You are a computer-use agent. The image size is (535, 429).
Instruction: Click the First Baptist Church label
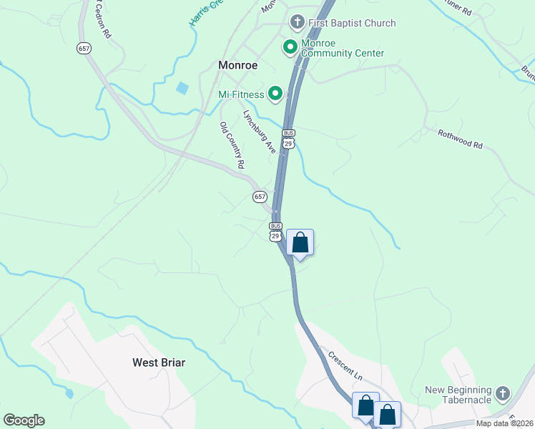coord(351,23)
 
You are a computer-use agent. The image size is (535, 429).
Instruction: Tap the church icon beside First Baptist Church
coord(297,23)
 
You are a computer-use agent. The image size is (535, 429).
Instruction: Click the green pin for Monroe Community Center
coord(290,48)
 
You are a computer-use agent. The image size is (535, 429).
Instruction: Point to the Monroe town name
coord(237,65)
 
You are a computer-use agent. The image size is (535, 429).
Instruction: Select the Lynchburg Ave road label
coord(259,132)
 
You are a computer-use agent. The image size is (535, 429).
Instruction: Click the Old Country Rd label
coord(232,145)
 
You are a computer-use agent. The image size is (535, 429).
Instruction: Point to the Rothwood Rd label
coord(461,139)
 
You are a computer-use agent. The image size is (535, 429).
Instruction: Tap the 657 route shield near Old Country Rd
coord(260,197)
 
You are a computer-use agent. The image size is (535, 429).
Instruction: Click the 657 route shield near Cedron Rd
coord(84,48)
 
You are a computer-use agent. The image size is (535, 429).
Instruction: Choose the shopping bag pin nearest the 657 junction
coord(300,242)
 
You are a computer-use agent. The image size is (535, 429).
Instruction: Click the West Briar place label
coord(159,363)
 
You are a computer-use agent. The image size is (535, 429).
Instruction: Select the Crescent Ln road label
coord(345,365)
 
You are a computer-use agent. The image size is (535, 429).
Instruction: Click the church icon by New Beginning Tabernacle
coord(503,393)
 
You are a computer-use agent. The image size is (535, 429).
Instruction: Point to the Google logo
coord(24,420)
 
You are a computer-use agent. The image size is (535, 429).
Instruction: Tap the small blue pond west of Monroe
coord(182,89)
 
